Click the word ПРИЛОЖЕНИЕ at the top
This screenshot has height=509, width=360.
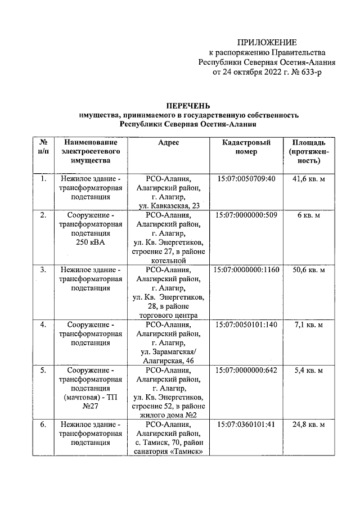(x=265, y=42)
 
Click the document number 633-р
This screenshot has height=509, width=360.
(x=310, y=72)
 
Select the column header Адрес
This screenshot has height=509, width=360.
(x=169, y=143)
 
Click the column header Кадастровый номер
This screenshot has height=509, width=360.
(x=247, y=147)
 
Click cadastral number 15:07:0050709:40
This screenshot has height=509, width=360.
(x=247, y=179)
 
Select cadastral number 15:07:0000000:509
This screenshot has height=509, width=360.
(x=247, y=215)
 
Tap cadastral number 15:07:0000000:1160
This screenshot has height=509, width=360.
(x=247, y=270)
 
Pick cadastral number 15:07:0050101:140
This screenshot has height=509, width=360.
(x=247, y=325)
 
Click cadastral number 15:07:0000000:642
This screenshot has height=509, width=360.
(x=247, y=370)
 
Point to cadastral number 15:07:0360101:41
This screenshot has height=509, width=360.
(x=247, y=425)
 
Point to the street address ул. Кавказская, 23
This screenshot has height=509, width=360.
(x=169, y=206)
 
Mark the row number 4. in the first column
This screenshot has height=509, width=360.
(x=43, y=325)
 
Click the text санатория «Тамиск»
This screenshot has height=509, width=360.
(x=169, y=452)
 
